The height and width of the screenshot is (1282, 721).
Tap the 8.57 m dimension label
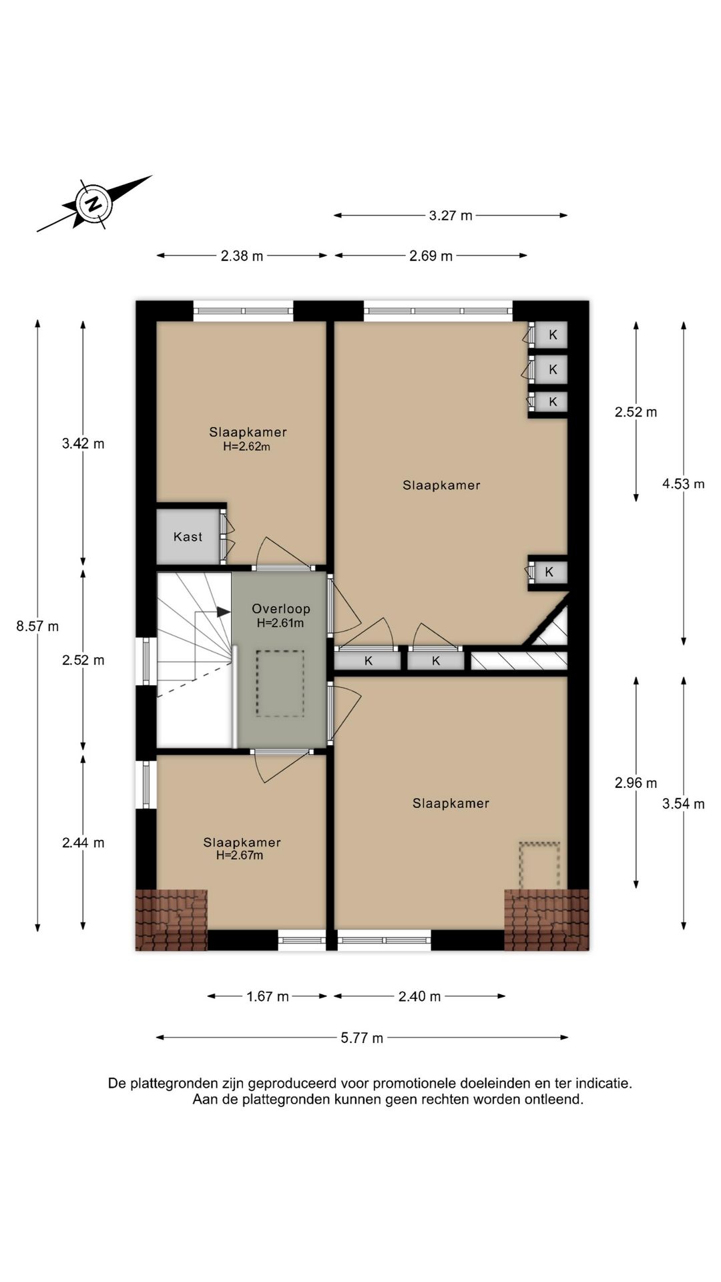pos(37,626)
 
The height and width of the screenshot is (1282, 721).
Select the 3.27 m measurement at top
pos(451,215)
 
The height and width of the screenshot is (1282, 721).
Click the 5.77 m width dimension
pos(362,1038)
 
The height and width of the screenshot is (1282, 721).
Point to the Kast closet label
pos(188,537)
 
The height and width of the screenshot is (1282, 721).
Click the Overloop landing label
pos(281,609)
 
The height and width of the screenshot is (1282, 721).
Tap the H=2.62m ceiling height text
pos(246,447)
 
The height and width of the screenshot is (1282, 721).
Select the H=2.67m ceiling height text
pos(240,855)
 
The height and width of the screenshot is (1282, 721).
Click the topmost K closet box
pos(552,335)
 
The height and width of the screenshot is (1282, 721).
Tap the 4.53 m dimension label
pos(684,484)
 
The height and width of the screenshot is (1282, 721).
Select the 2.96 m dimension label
pos(636,783)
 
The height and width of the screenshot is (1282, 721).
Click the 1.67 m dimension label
pos(268,996)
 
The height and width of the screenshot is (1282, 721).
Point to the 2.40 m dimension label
pos(420,996)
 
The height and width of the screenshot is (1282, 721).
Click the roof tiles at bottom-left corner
pos(172,919)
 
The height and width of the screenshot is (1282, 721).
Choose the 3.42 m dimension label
pos(83,443)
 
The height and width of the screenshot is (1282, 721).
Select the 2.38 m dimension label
pos(242,256)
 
